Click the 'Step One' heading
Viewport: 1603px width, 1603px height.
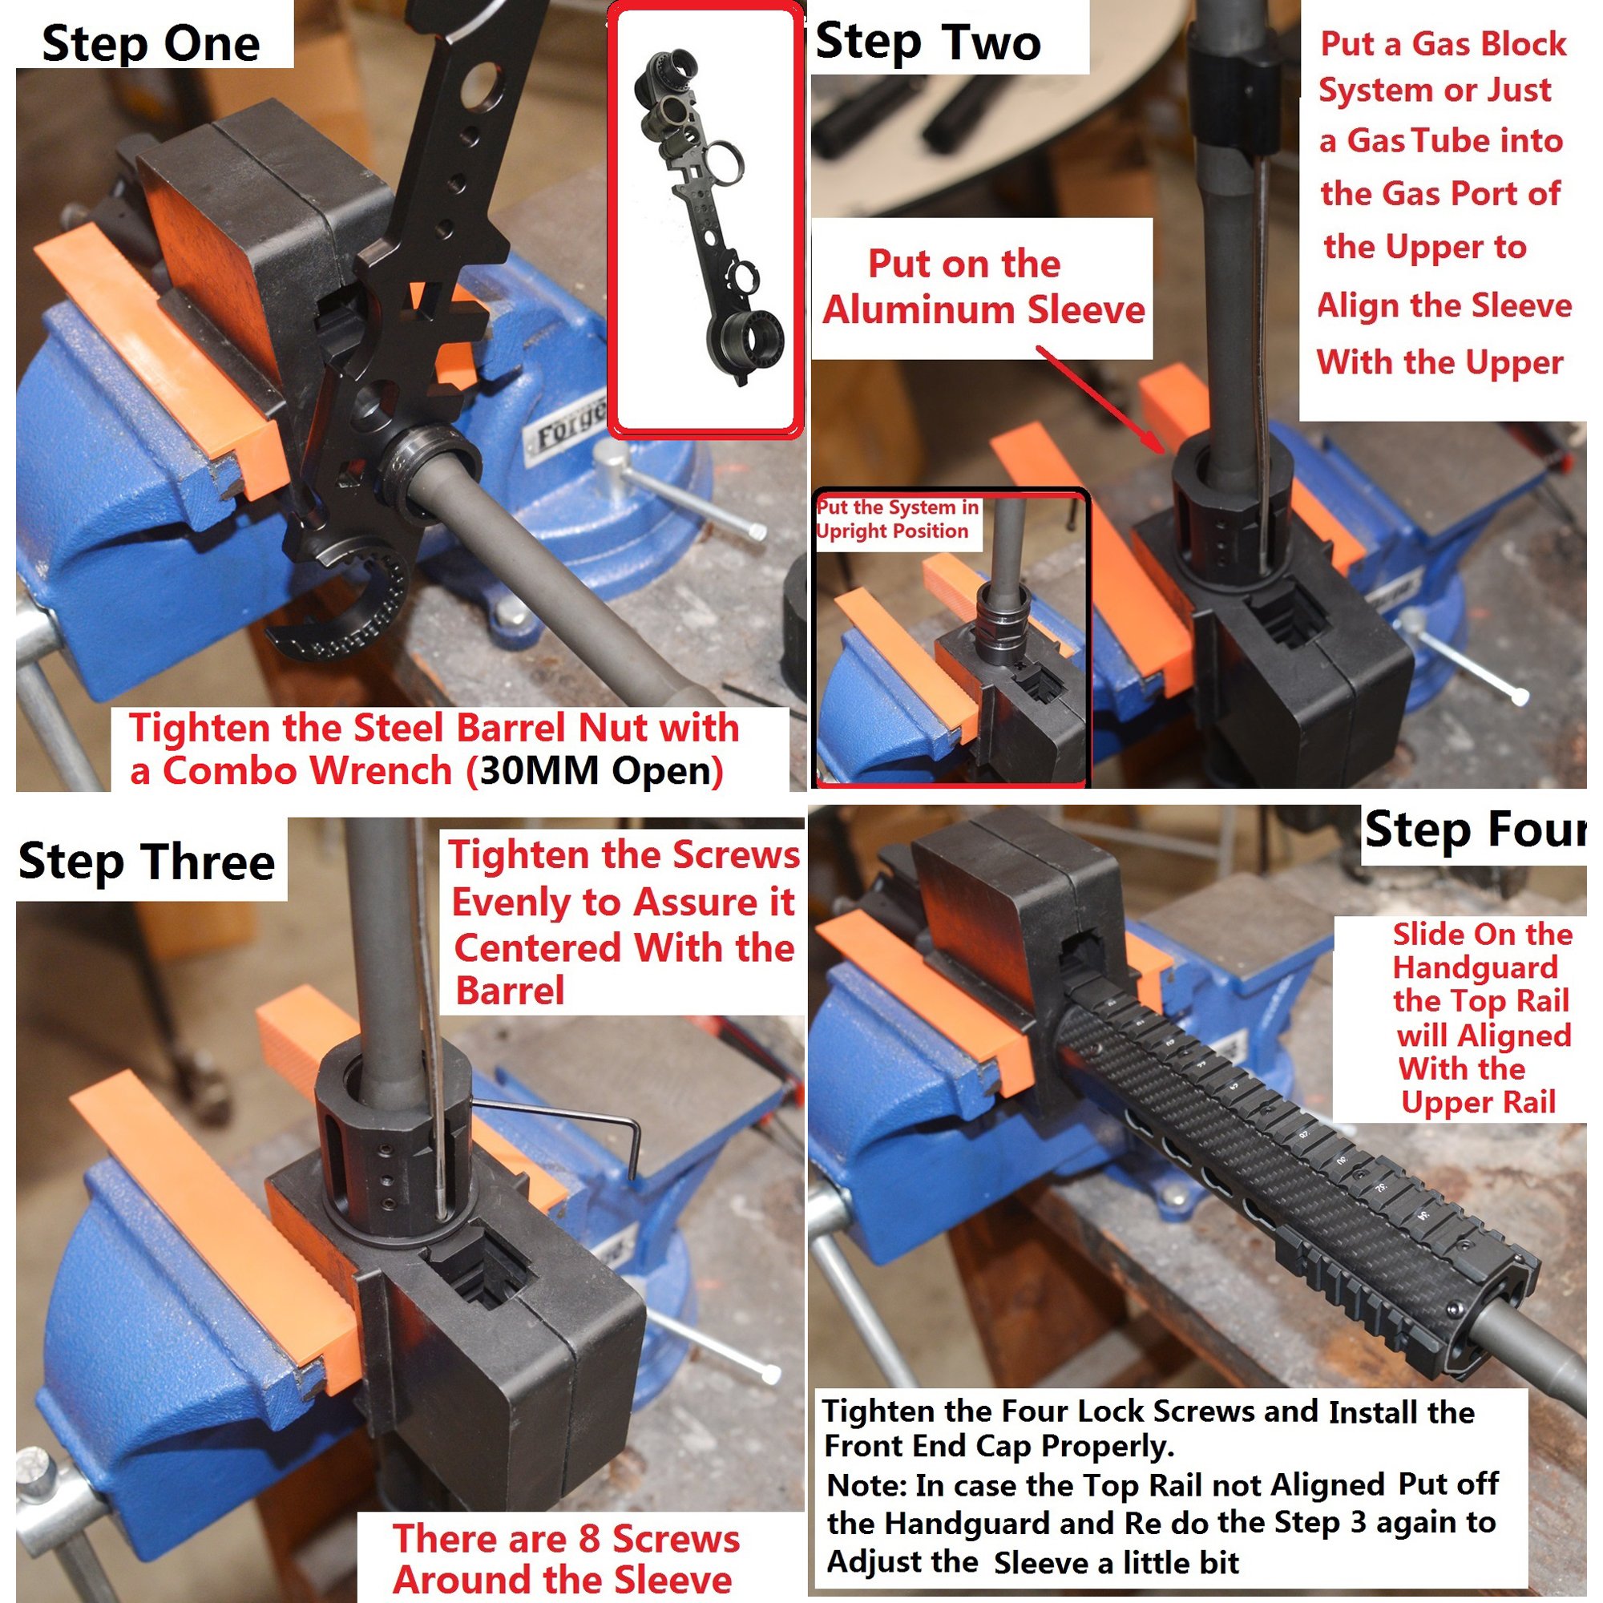(x=150, y=43)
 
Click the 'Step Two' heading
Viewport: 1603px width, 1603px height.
(x=928, y=42)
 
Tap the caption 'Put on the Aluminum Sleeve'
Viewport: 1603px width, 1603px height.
(x=983, y=286)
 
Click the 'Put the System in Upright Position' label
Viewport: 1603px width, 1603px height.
(x=897, y=519)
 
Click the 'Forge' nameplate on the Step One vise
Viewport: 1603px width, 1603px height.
(x=569, y=431)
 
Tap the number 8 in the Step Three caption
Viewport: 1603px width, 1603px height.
(x=588, y=1538)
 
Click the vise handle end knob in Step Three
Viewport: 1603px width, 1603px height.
(x=770, y=1374)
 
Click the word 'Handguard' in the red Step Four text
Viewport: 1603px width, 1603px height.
(x=1475, y=968)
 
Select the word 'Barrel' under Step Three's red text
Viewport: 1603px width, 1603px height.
(x=510, y=991)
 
